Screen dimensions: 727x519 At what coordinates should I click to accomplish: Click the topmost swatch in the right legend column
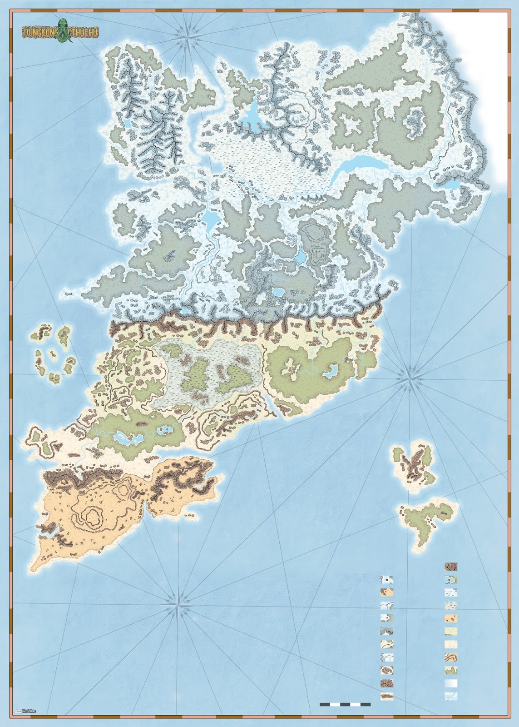(451, 566)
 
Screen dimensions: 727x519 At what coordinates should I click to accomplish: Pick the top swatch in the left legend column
(387, 580)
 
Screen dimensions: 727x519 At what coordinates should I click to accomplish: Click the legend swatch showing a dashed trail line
(387, 657)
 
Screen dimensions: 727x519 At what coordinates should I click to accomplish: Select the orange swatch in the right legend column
(451, 618)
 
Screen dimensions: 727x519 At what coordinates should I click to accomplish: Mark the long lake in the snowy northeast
(358, 163)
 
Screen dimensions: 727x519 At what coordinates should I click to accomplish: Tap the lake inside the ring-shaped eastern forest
(329, 373)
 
